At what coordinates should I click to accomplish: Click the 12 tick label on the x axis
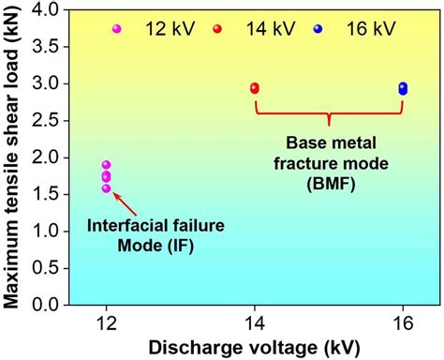click(x=106, y=324)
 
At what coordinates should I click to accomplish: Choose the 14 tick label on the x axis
click(x=255, y=324)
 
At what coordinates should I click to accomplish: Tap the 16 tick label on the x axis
click(x=403, y=324)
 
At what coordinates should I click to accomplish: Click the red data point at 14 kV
click(x=255, y=88)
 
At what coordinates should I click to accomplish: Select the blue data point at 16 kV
click(x=403, y=88)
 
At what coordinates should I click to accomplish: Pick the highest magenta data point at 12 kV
click(x=106, y=165)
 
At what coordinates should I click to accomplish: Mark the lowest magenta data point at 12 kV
click(x=106, y=188)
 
